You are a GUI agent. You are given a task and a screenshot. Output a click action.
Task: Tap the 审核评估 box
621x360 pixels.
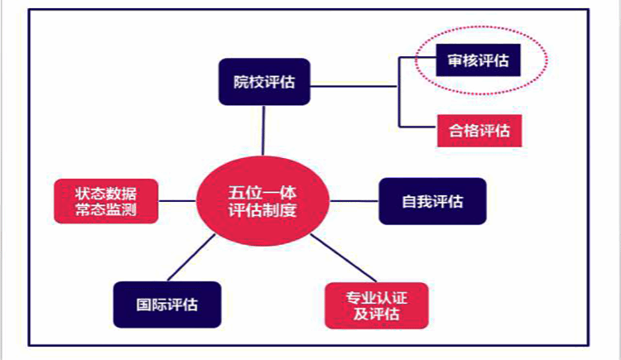(479, 60)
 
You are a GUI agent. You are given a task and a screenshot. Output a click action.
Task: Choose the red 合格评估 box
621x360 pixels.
(479, 130)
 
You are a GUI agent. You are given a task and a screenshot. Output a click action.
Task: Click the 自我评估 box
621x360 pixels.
(432, 201)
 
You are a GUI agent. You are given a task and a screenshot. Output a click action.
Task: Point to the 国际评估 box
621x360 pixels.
(167, 304)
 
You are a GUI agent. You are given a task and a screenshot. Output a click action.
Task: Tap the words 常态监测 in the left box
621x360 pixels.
(106, 210)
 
